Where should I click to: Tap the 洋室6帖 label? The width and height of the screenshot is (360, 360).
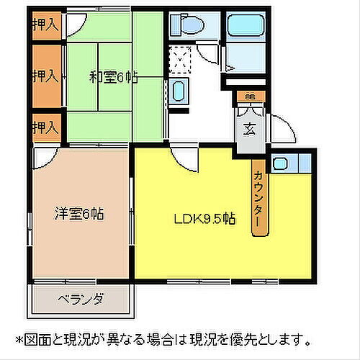point(80,213)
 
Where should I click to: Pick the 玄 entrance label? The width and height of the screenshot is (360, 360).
point(248,130)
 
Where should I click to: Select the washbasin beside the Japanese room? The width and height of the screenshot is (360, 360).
point(179,92)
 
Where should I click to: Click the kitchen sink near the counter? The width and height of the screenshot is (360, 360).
point(282,163)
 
